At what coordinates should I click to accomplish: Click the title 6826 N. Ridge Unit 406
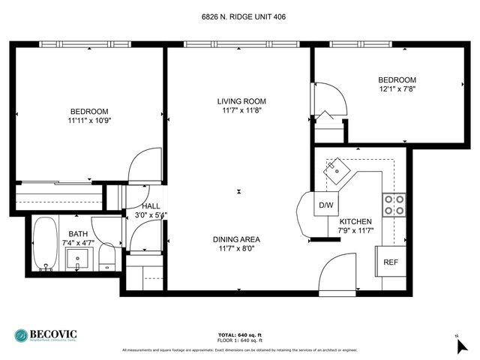pos(239,16)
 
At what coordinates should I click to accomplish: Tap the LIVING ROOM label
pos(241,101)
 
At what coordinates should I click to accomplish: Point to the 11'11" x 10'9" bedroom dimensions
pos(89,121)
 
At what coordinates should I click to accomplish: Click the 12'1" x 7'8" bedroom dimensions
pos(397,89)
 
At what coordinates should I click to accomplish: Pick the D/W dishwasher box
pos(326,205)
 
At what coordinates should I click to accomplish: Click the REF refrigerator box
pos(391,262)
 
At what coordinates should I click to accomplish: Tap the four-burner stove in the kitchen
pos(394,205)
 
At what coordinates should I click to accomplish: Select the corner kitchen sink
pos(338,170)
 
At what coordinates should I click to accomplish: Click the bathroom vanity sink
pos(78,259)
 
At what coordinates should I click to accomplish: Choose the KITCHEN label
pos(355,222)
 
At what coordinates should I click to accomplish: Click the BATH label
pos(78,234)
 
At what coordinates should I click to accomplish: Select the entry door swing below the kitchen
pos(337,274)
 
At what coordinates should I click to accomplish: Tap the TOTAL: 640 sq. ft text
pos(239,334)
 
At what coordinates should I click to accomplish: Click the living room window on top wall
pos(238,44)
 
